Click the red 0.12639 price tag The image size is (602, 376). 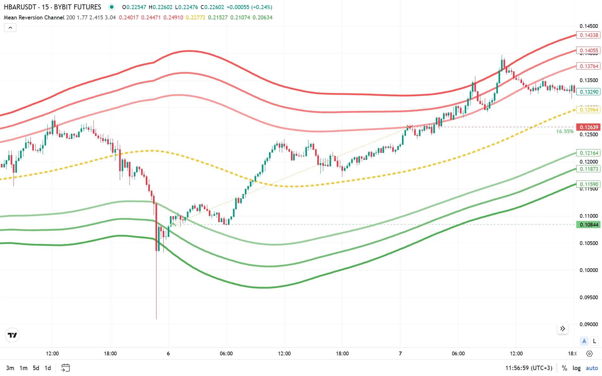(x=589, y=127)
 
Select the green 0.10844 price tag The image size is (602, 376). (x=589, y=225)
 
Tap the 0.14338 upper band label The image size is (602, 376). (x=589, y=35)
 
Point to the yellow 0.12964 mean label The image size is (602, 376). (x=589, y=110)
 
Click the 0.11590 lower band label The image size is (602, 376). (x=589, y=184)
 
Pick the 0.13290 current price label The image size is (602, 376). (x=589, y=92)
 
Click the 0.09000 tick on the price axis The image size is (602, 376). (x=589, y=324)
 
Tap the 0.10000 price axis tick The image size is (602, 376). (x=589, y=270)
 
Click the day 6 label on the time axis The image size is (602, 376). (x=168, y=353)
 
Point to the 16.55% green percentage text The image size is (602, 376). (x=565, y=132)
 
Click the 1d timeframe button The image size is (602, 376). (x=48, y=368)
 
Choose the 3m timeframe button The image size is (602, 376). (x=10, y=368)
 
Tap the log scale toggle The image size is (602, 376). (x=576, y=368)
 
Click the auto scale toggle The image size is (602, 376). (x=592, y=368)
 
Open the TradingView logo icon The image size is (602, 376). (x=13, y=335)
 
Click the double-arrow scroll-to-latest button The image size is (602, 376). (x=562, y=328)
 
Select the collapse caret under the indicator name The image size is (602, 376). (x=10, y=28)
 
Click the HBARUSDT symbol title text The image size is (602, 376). (x=20, y=7)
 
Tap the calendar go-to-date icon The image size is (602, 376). (x=66, y=368)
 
